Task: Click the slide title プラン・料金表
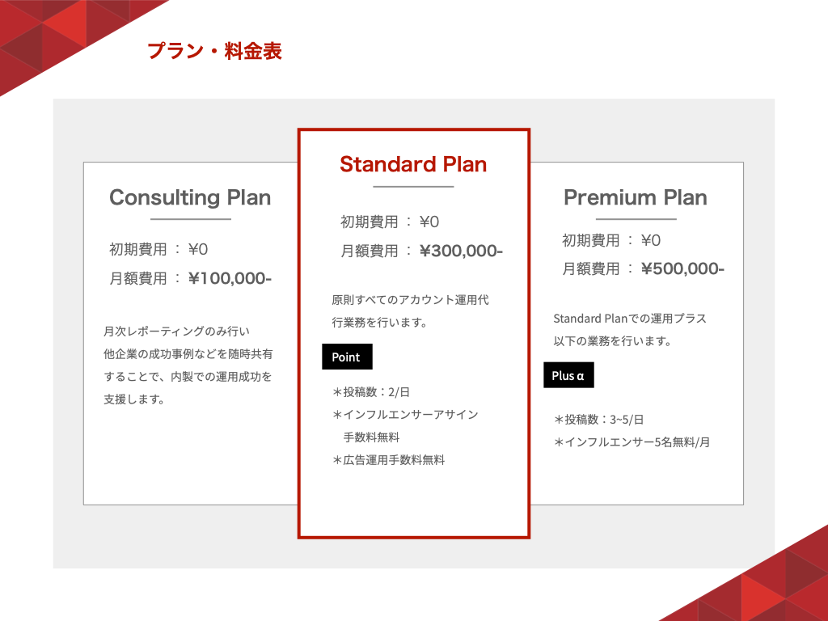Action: (214, 51)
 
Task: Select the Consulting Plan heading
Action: (190, 197)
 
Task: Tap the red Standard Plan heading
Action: (413, 164)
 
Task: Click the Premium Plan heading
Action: (636, 197)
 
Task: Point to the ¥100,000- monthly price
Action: (230, 278)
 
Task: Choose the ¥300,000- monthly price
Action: (461, 251)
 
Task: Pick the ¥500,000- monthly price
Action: (682, 268)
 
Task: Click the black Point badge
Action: (347, 357)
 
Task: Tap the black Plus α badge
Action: (568, 375)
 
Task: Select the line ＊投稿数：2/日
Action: (370, 392)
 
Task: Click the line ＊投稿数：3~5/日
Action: (599, 420)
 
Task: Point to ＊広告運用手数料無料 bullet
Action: (388, 460)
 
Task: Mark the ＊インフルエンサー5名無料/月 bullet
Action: (632, 442)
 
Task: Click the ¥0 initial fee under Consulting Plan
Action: (198, 249)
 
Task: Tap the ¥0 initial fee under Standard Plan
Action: (429, 222)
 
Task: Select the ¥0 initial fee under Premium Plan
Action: (651, 241)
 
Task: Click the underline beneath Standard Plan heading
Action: (413, 187)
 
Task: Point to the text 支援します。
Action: (134, 399)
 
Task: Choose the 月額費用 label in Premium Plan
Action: (590, 268)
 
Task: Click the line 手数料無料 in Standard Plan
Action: (371, 437)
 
